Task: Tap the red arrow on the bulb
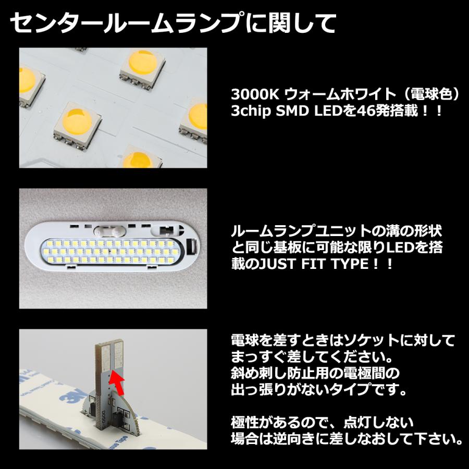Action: pos(118,384)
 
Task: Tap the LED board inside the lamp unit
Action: pos(112,252)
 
